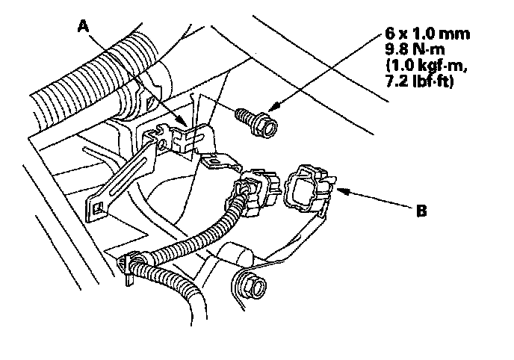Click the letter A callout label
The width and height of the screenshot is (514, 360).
[85, 28]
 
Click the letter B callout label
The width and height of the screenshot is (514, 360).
[422, 211]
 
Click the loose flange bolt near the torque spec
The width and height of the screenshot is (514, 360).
[256, 120]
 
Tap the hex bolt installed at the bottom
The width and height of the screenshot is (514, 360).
[250, 285]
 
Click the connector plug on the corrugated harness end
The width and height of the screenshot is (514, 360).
[254, 190]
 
